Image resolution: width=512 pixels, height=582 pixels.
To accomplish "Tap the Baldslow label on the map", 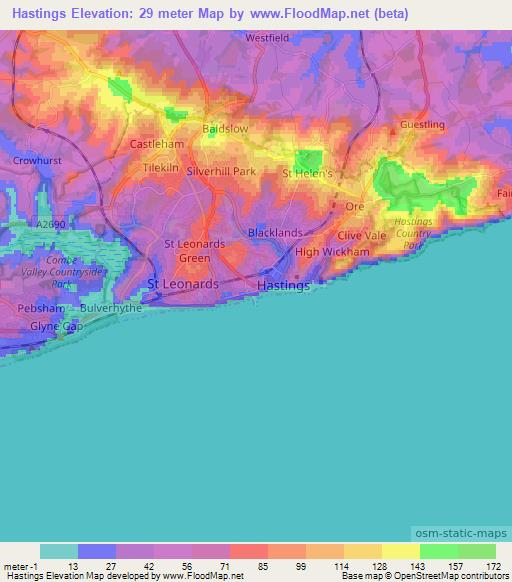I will click(x=226, y=129).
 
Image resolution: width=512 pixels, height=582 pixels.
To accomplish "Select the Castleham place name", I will click(x=158, y=144).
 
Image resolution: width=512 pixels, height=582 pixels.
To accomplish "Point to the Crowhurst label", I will click(x=37, y=160).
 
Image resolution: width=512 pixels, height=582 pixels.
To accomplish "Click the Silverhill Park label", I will click(x=221, y=172).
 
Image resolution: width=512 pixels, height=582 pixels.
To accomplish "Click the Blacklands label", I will click(x=275, y=232).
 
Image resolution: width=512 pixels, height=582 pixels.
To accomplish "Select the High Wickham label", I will click(x=332, y=252).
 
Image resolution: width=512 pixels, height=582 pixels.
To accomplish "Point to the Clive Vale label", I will click(x=362, y=236).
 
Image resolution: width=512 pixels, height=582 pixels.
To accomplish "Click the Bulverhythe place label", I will click(x=111, y=309).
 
